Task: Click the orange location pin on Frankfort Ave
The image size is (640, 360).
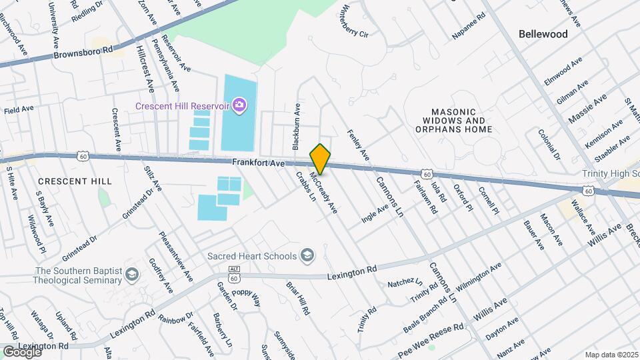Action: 320,159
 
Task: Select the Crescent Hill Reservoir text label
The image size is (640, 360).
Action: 182,106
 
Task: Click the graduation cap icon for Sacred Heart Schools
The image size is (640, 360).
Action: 307,255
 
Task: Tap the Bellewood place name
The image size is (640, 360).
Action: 543,34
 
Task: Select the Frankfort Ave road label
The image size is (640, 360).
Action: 259,163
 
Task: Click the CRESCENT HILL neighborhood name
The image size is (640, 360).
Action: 65,181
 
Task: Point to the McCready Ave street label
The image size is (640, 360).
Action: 324,193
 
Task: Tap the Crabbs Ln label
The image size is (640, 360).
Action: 305,186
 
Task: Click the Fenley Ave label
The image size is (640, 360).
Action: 358,145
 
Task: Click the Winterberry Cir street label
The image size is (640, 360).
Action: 355,22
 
